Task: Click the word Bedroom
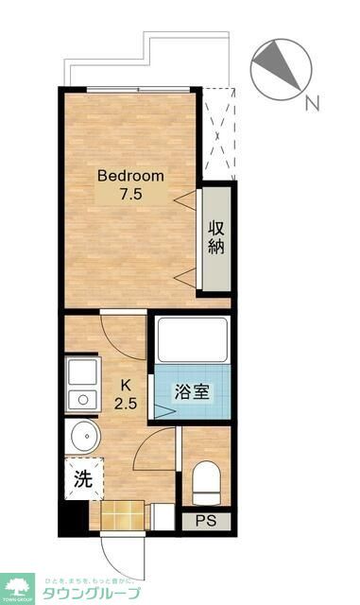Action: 131,176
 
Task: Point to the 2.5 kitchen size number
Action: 125,404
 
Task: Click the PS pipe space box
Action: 204,521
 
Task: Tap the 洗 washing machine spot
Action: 83,478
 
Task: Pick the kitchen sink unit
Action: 80,385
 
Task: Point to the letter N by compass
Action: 312,102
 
